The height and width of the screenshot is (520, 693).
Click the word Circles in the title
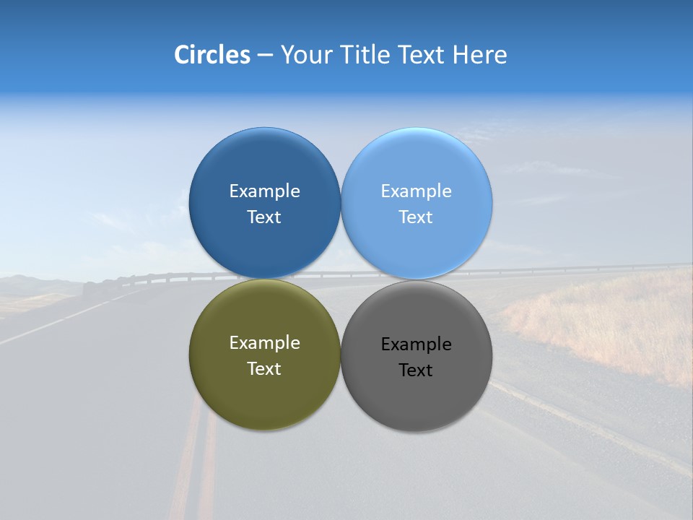click(x=212, y=55)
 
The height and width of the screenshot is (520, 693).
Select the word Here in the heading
click(x=479, y=55)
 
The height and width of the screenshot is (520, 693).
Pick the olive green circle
click(x=264, y=397)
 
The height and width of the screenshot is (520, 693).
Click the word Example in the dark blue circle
click(x=264, y=191)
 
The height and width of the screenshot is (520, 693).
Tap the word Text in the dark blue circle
click(x=264, y=217)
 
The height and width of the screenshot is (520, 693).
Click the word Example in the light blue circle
click(x=416, y=191)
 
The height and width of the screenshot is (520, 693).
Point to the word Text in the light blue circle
click(x=416, y=217)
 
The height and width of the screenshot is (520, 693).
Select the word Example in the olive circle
click(x=264, y=343)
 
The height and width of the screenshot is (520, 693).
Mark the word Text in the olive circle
click(x=264, y=369)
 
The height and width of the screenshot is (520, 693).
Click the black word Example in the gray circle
click(x=416, y=344)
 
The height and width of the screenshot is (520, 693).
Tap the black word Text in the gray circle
click(x=416, y=370)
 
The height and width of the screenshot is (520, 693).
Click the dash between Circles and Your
click(x=265, y=56)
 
